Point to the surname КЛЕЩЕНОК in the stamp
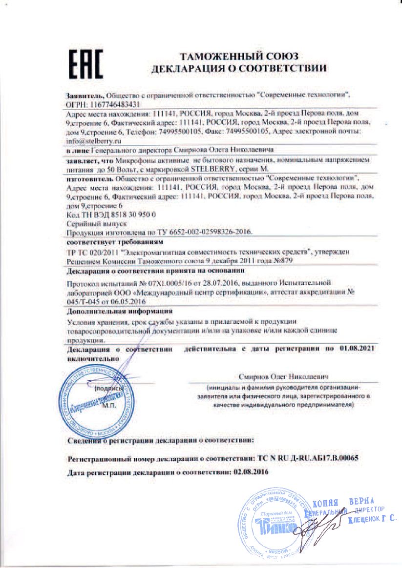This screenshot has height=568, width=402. tap(361, 521)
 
